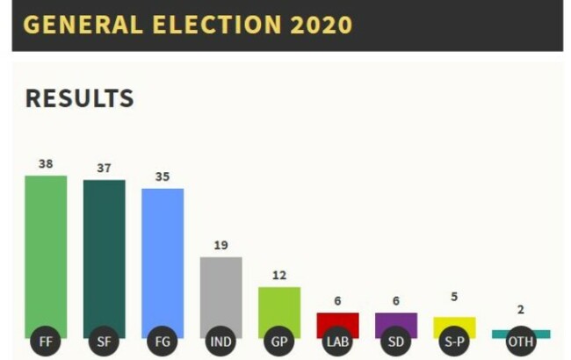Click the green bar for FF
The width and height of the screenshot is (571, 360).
point(46,250)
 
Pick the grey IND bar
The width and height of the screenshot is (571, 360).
point(220,290)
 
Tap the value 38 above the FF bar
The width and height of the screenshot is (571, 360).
point(46,163)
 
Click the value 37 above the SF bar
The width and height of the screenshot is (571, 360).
point(104,168)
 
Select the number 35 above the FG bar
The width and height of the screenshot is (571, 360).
point(163,176)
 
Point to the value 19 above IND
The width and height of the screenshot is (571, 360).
point(220,245)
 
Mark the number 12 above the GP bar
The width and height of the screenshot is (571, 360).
point(279,275)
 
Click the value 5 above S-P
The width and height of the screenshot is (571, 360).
point(454,297)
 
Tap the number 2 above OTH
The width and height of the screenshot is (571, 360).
point(521,310)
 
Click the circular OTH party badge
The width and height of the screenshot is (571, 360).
point(521,341)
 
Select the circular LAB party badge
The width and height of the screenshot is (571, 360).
point(337,341)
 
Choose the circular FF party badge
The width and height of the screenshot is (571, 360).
point(46,341)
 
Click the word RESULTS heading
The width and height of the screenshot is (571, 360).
point(79,99)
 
